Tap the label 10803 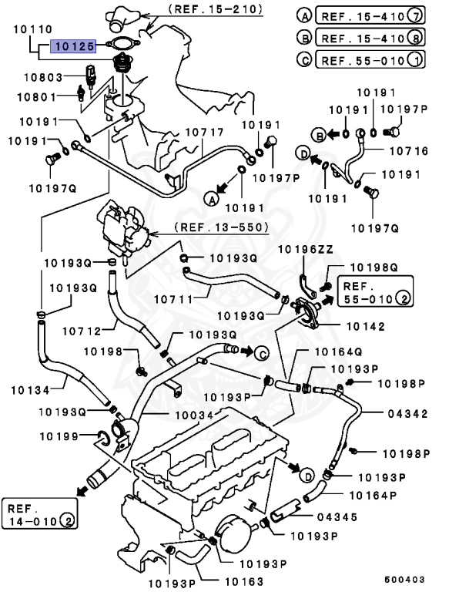tap(39, 77)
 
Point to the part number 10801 tap(39, 97)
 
